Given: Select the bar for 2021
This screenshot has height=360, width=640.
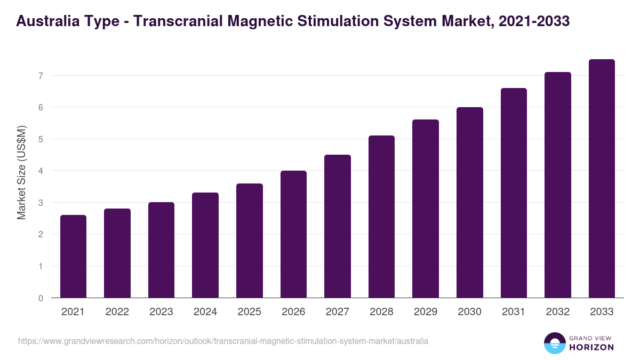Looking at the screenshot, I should coord(73,257).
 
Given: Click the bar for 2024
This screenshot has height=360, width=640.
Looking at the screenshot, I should coord(205,245).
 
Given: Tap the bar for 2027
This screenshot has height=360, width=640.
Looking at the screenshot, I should coord(337,226).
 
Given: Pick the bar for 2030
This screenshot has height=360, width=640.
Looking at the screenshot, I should coord(469,203).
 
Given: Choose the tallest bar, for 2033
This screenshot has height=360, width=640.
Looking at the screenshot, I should coord(602,179).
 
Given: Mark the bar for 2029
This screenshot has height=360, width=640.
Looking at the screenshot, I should coord(426,209).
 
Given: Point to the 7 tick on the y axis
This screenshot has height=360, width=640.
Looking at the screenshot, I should coord(41,76).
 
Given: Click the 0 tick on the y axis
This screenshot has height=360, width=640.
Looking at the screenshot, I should coord(41,298).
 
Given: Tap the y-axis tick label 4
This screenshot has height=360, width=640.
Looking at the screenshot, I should coord(41,171).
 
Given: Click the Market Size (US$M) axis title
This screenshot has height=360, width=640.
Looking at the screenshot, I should coord(21,173).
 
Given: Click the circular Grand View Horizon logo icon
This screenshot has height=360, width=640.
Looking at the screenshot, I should coord(555,343).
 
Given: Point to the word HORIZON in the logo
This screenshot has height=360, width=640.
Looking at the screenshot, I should coord(591,347).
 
